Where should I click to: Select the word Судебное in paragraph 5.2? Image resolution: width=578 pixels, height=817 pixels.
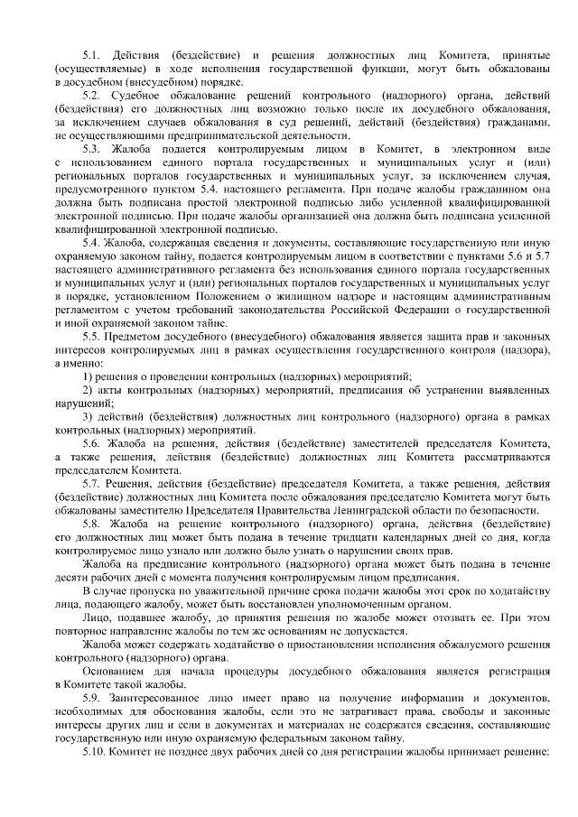point(140,95)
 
